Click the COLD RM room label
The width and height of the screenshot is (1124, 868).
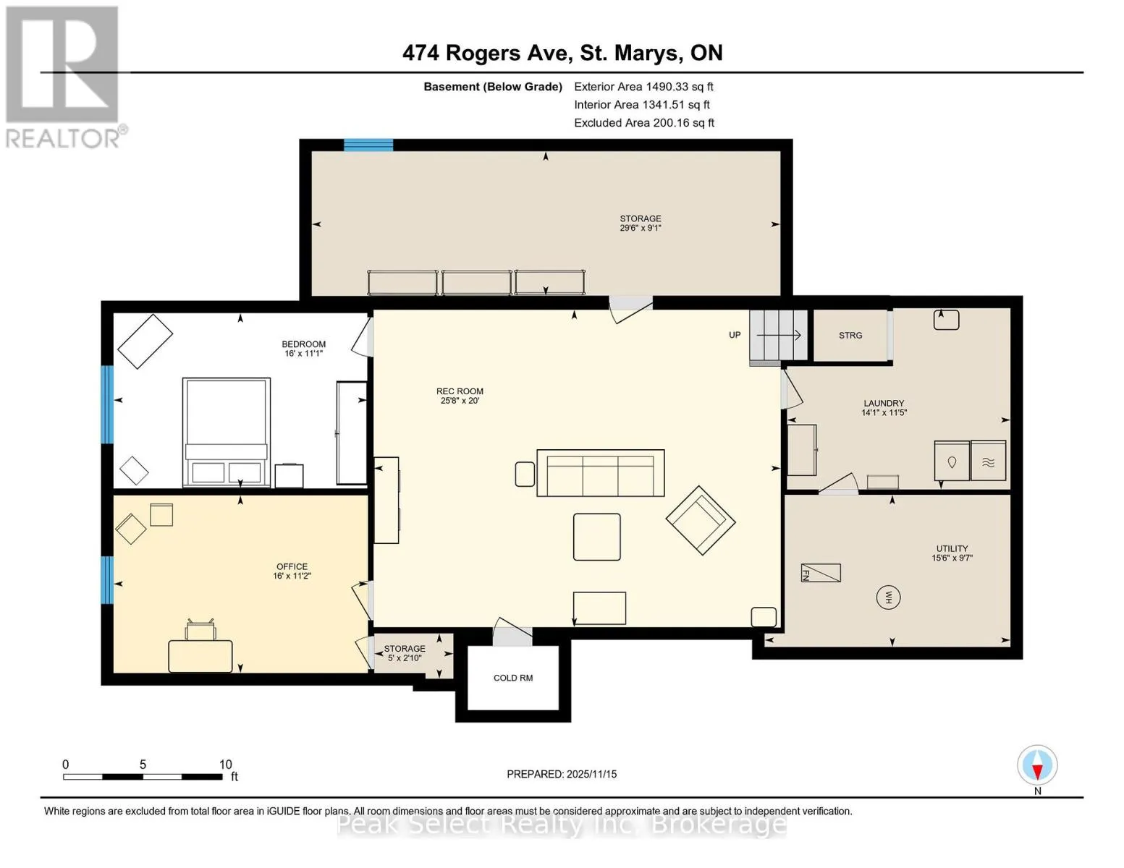pyautogui.click(x=512, y=678)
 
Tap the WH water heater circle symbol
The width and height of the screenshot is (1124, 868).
pyautogui.click(x=888, y=597)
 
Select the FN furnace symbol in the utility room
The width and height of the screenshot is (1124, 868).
pyautogui.click(x=821, y=573)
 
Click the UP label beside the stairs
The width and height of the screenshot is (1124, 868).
pyautogui.click(x=735, y=335)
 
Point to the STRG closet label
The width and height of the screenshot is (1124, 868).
pyautogui.click(x=850, y=336)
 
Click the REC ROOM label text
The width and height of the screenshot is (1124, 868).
pyautogui.click(x=460, y=391)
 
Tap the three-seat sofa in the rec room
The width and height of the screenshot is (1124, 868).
pyautogui.click(x=601, y=473)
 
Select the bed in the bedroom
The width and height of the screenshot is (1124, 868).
pyautogui.click(x=227, y=432)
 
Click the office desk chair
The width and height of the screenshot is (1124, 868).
pyautogui.click(x=200, y=629)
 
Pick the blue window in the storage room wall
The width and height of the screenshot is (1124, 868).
pyautogui.click(x=368, y=145)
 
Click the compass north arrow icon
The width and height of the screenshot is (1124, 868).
pyautogui.click(x=1037, y=765)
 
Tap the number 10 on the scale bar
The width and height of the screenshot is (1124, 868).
pyautogui.click(x=226, y=765)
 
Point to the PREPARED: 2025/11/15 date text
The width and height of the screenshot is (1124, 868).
pyautogui.click(x=562, y=774)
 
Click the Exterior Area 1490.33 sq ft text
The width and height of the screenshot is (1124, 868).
pyautogui.click(x=643, y=87)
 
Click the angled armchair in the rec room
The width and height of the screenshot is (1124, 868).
pyautogui.click(x=701, y=520)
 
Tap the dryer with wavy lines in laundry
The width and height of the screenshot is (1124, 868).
pyautogui.click(x=989, y=460)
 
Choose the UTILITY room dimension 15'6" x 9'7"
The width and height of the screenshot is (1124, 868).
pyautogui.click(x=952, y=558)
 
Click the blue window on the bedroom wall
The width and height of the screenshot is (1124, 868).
pyautogui.click(x=107, y=404)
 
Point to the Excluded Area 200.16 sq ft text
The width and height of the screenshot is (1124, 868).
pyautogui.click(x=644, y=123)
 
